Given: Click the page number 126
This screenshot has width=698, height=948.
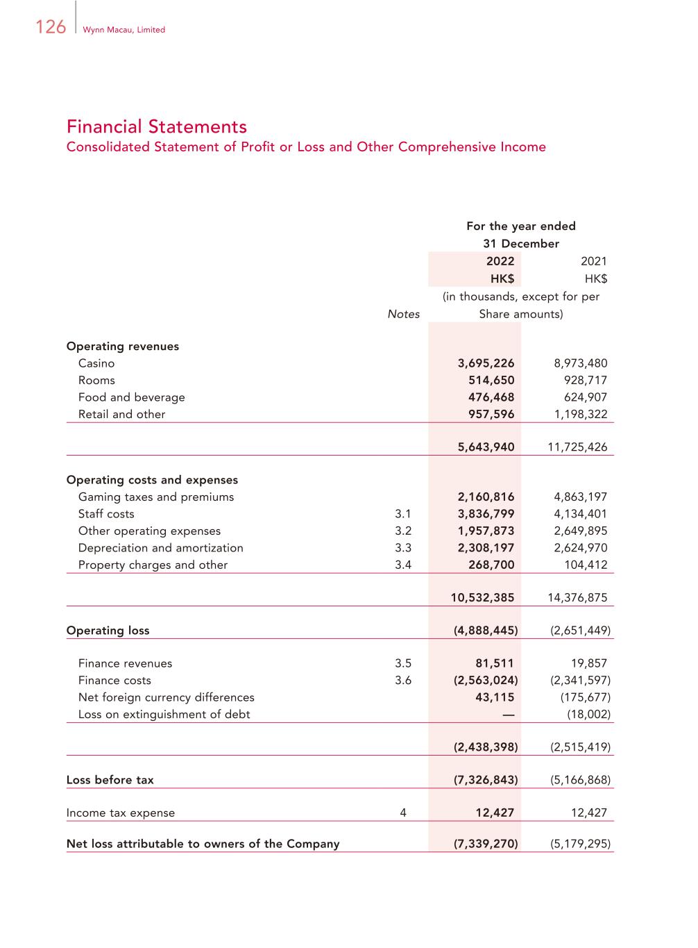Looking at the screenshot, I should tap(51, 27).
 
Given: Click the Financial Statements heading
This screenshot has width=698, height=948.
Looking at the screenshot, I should tap(157, 126).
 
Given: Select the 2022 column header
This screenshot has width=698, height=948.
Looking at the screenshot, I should tap(500, 261).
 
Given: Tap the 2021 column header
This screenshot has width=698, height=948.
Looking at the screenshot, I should tap(593, 261).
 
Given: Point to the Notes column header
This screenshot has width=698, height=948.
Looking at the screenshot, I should tap(403, 314).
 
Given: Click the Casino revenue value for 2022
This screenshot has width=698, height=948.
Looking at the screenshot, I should tap(486, 363).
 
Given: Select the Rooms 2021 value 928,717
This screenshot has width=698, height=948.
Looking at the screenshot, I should tap(586, 381).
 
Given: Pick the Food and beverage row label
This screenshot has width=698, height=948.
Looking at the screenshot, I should tap(131, 397).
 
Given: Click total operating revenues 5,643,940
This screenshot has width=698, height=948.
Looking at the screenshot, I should tap(486, 447).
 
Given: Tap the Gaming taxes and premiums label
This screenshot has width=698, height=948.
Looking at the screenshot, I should tap(155, 497).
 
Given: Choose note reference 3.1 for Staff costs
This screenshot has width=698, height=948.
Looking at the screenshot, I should tap(403, 514).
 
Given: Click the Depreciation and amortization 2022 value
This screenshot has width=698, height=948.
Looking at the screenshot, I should tap(486, 548).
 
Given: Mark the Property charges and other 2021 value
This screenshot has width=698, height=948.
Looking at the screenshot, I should tap(586, 565).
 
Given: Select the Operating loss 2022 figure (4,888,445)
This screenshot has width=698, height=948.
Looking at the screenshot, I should tap(486, 631).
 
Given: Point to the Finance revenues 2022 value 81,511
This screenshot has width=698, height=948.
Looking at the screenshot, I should tap(495, 663).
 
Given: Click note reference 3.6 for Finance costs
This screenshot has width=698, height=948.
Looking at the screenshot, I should tap(403, 681).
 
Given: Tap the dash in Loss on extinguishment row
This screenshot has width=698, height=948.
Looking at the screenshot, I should tap(509, 715).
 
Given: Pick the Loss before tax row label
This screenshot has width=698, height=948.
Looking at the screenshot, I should tap(110, 780).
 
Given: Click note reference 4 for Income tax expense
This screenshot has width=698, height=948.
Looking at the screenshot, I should tap(403, 813).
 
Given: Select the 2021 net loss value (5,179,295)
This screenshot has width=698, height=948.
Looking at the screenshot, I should tap(580, 845).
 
